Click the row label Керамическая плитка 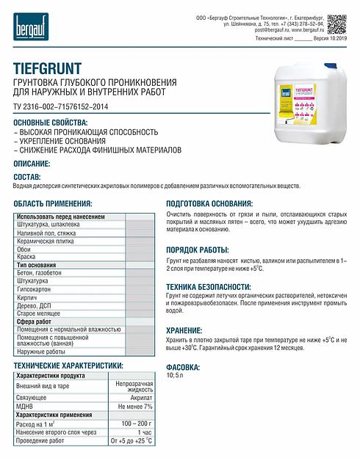point(45,240)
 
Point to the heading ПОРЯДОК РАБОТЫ point(198,250)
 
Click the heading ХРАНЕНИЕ point(184,331)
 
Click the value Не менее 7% point(135,406)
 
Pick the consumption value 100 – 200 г point(137,424)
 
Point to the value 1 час point(144,432)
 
